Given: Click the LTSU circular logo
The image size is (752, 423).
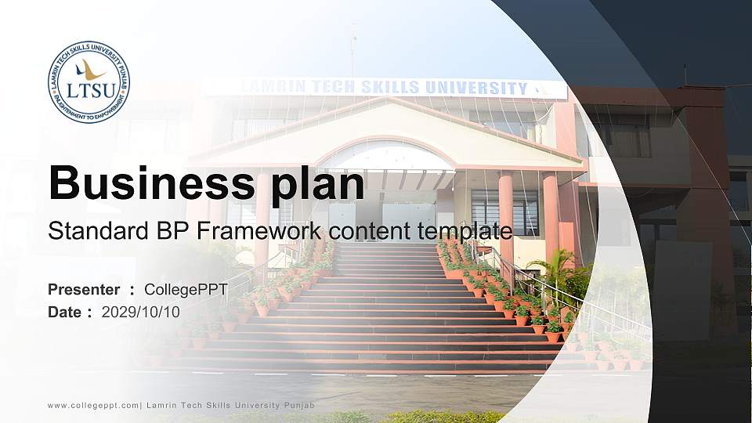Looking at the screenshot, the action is coord(89,82).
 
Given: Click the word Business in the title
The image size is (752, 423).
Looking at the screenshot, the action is coord(151,183).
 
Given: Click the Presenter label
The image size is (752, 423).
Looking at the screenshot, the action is coord(84,289).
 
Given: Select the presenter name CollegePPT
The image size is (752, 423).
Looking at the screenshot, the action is coord(186,290).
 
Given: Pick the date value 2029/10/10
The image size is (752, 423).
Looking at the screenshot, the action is coord(140,313).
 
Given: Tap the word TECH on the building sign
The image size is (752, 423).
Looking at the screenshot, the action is coord(333,87).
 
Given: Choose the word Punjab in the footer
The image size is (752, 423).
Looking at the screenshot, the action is coord(300,406).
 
